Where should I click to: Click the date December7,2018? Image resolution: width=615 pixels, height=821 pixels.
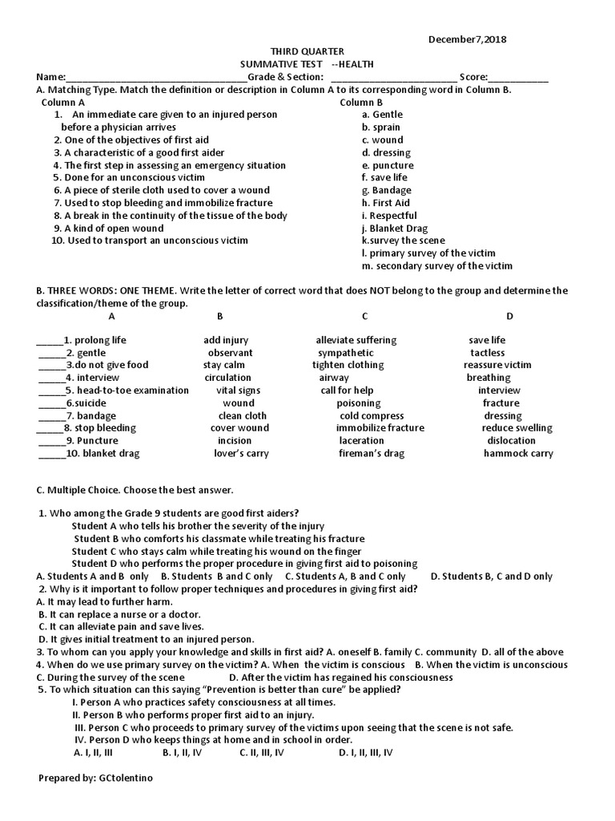pyautogui.click(x=468, y=38)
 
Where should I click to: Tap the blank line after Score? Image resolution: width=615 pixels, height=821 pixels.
pyautogui.click(x=518, y=79)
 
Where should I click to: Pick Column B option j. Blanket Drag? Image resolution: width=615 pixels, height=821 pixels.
pyautogui.click(x=394, y=229)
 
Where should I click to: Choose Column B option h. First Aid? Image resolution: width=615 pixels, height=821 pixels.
pyautogui.click(x=385, y=203)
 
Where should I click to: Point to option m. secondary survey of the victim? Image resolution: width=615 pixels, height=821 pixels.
pyautogui.click(x=436, y=266)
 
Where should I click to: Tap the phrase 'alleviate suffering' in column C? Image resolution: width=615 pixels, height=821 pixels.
pyautogui.click(x=356, y=340)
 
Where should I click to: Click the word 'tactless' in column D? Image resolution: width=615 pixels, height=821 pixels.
pyautogui.click(x=487, y=353)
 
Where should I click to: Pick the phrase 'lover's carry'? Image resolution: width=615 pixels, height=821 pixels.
pyautogui.click(x=241, y=454)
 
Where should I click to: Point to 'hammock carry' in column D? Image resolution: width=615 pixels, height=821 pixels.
pyautogui.click(x=517, y=454)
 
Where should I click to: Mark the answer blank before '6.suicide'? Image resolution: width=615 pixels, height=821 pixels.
pyautogui.click(x=50, y=403)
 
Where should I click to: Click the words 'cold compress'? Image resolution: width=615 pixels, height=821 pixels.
pyautogui.click(x=372, y=416)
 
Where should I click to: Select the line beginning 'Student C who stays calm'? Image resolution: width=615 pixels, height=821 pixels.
pyautogui.click(x=216, y=552)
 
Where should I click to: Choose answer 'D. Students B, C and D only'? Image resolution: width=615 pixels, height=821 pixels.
pyautogui.click(x=491, y=576)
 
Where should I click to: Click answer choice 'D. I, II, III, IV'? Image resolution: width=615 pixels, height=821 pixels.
pyautogui.click(x=365, y=753)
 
